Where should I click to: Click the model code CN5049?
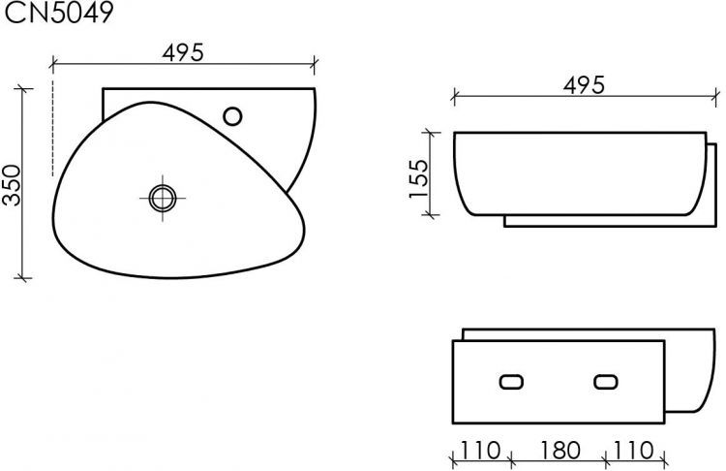(60, 13)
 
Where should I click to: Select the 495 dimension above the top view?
(184, 53)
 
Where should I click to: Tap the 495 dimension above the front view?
(585, 84)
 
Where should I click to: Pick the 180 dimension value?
(559, 450)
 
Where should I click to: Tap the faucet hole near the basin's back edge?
(233, 115)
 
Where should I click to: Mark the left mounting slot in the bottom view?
(510, 382)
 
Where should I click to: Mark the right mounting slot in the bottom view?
(607, 382)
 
